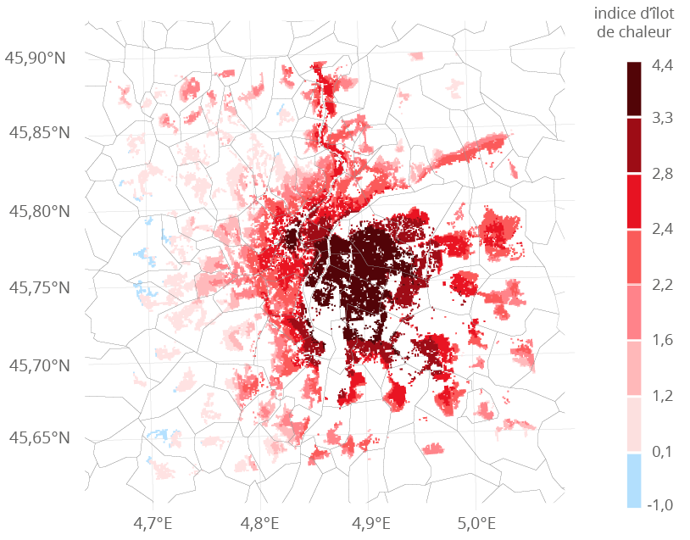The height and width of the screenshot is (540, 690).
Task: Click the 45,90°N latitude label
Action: point(38,58)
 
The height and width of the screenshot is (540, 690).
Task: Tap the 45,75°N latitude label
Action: point(38,287)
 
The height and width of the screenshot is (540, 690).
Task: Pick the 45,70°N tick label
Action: point(38,365)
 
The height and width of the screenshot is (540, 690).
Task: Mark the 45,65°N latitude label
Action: point(38,438)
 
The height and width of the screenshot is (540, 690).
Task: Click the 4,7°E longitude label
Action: point(153,521)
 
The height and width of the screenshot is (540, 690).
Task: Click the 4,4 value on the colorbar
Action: point(662,64)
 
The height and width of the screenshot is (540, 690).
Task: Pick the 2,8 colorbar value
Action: point(662,174)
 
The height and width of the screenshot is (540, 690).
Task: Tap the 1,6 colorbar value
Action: point(662,340)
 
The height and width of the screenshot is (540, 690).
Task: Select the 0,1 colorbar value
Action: point(662,452)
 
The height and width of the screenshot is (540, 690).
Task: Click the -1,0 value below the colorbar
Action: point(659,505)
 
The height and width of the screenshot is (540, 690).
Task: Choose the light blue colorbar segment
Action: point(634,481)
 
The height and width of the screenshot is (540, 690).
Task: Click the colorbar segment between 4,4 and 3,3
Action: point(634,89)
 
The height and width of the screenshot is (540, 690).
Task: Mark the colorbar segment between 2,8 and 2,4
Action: point(634,202)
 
